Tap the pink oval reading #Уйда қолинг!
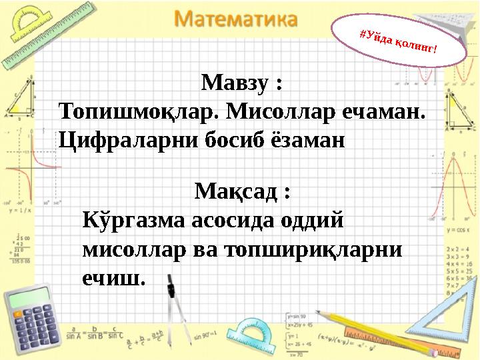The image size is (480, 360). point(398,39)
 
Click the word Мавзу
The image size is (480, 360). point(236,84)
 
